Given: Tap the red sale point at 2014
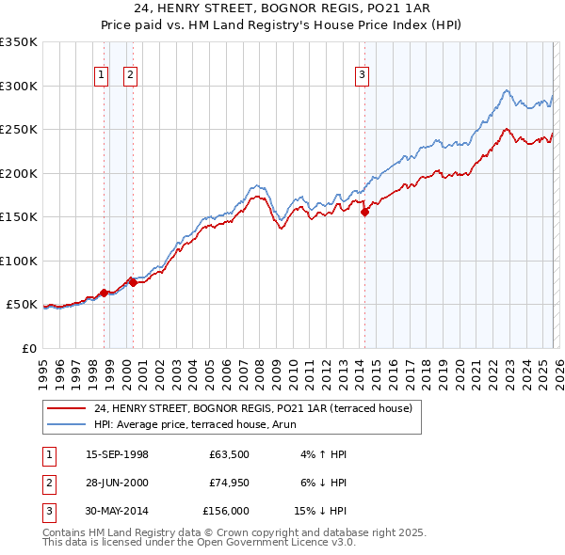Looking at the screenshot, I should pos(364,213).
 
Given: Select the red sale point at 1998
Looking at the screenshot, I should pos(104,293).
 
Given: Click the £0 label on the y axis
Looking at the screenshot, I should pos(28,348).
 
